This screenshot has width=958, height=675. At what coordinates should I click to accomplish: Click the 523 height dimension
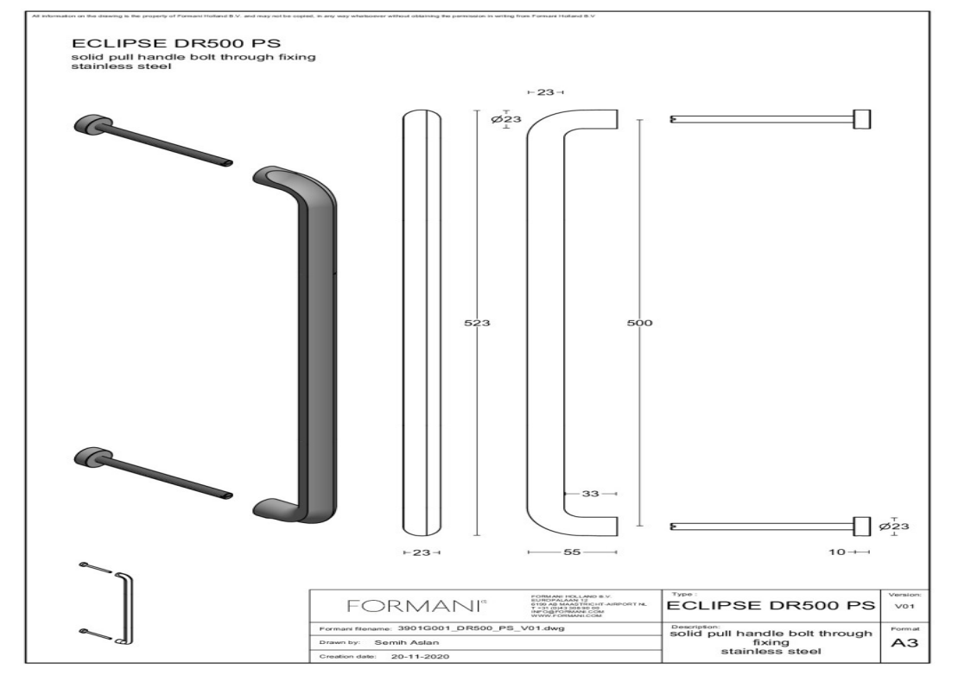479,323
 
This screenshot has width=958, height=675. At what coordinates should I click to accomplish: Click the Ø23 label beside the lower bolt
894,526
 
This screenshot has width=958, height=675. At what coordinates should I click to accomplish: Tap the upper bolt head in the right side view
861,119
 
